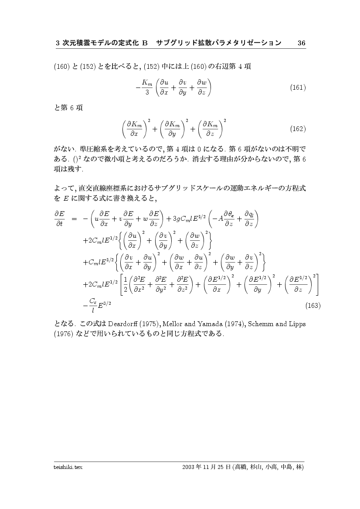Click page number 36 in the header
click(301, 43)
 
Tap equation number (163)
click(313, 306)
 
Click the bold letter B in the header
click(146, 43)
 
